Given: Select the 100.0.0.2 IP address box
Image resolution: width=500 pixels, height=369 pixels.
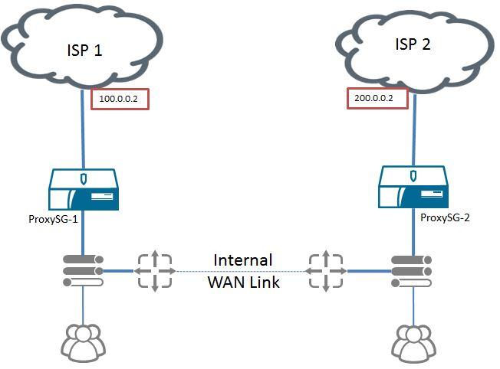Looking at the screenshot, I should tap(119, 100).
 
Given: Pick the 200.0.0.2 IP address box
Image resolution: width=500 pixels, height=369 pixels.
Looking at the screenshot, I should tap(377, 99).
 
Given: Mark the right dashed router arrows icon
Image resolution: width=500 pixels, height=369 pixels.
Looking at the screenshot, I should tap(326, 270).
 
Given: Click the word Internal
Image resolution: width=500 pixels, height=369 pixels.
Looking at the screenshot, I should tap(242, 260).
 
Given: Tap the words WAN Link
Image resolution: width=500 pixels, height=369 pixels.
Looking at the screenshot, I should tap(243, 282).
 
